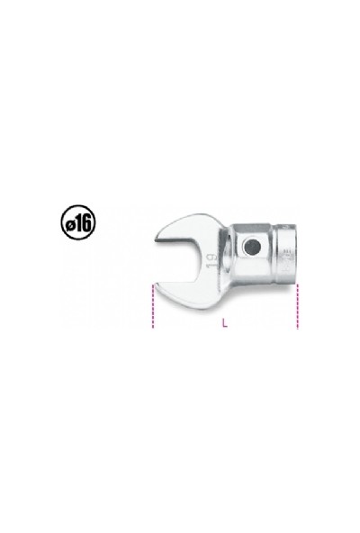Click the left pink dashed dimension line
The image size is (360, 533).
coord(154,308)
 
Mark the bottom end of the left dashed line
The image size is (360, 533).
coord(154,329)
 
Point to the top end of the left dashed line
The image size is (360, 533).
coord(154,286)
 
